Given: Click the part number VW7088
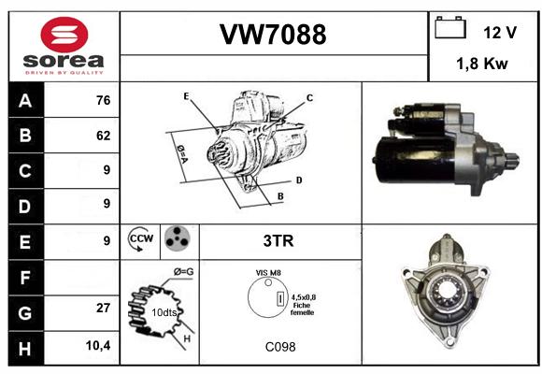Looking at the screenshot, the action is pos(273,35).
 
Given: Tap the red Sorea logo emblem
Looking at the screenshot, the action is pos(64,35).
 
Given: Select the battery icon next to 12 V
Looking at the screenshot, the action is pos(450,27).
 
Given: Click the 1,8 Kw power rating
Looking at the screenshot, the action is pos(482,64).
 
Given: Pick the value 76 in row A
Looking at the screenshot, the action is pos(104,100).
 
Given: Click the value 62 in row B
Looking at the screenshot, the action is pos(104,136).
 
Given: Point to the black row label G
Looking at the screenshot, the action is pos(25,313).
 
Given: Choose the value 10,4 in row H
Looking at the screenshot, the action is pos(98,345).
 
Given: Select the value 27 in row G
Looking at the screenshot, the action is pos(104,308).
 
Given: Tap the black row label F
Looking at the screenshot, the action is pos(25,278).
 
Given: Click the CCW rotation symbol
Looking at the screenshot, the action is pos(141,238).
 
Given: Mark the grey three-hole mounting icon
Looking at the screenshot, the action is pos(178,237).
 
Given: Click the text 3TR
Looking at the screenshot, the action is pos(278,240).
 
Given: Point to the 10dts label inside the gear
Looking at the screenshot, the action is pos(164,312).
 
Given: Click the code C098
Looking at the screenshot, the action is pos(280,347).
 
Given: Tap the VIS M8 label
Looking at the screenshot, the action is pos(268,273).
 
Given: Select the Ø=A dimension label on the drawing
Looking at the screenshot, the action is pos(182,154).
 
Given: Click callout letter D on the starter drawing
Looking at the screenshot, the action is pos(299,180).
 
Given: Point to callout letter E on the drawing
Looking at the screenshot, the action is pos(186,96).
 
